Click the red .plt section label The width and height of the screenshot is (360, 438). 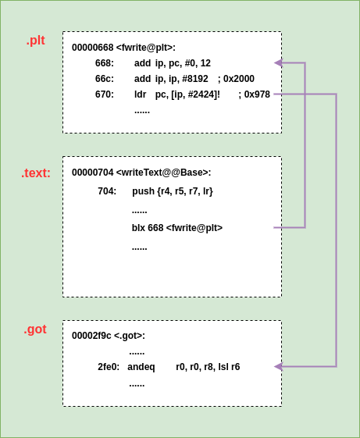35,41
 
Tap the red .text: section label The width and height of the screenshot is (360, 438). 36,173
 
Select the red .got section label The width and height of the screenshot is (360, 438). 35,329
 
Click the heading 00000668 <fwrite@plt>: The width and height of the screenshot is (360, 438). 123,48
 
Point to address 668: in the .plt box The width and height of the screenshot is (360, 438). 105,63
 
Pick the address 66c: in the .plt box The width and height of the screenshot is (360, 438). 105,79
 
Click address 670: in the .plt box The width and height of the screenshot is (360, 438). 105,94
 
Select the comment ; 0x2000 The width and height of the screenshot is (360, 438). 236,79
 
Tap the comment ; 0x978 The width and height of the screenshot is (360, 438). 254,94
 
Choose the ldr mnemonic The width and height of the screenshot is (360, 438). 141,94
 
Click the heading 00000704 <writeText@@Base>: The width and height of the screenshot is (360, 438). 141,173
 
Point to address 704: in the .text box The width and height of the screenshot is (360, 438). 107,191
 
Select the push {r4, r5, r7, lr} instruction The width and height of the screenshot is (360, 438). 172,191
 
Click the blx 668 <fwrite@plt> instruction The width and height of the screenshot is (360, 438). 177,228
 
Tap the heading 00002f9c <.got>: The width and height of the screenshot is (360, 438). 109,336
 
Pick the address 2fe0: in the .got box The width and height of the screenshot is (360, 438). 109,367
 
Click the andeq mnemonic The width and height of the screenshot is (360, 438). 141,367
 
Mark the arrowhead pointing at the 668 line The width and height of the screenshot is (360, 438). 278,62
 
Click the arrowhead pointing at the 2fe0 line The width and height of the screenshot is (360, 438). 278,366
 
